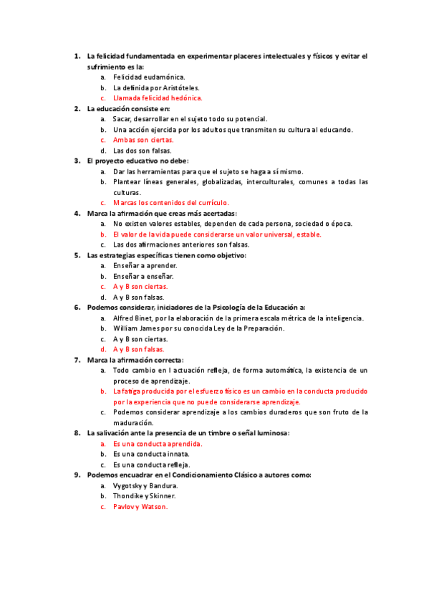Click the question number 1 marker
pos(77,56)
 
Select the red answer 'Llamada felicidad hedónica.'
pos(158,98)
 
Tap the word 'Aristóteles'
pos(171,87)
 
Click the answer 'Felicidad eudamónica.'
pos(149,77)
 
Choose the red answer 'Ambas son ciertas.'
pos(143,140)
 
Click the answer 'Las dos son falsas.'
pos(143,151)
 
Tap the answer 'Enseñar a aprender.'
pos(145,265)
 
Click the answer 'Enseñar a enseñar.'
pos(143,276)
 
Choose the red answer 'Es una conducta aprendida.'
pos(158,444)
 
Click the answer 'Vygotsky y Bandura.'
pos(145,485)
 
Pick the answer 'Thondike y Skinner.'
pos(144,495)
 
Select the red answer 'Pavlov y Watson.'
pos(140,506)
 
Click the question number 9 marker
pos(77,475)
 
